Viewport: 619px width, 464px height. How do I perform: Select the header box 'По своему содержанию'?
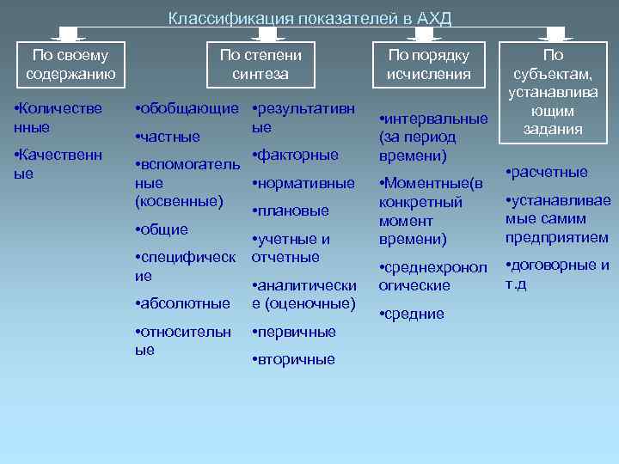pyautogui.click(x=71, y=64)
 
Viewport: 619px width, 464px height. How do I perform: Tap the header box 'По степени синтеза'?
pyautogui.click(x=260, y=64)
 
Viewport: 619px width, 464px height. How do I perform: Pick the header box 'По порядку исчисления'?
pyautogui.click(x=428, y=64)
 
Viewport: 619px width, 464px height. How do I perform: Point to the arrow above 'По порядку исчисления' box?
pyautogui.click(x=423, y=34)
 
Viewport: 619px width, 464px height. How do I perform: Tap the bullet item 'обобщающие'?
pyautogui.click(x=187, y=109)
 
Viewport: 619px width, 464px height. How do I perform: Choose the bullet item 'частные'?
pyautogui.click(x=169, y=137)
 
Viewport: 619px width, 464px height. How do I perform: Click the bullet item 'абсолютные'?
pyautogui.click(x=183, y=303)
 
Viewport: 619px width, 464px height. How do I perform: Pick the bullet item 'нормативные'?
pyautogui.click(x=303, y=183)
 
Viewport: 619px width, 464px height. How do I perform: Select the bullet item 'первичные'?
pyautogui.click(x=294, y=332)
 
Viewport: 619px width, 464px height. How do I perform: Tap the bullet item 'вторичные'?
pyautogui.click(x=294, y=359)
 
